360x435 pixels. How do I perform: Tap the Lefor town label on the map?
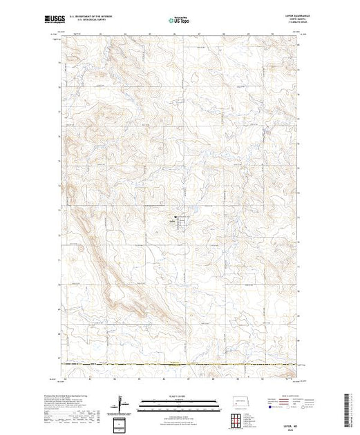pos(171,221)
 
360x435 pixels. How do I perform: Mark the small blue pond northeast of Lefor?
pos(196,209)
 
